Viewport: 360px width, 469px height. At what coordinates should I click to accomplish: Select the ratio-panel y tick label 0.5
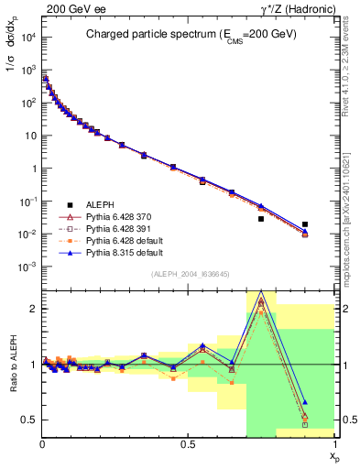pyautogui.click(x=29, y=420)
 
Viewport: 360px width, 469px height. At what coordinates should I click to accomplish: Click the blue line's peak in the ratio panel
pyautogui.click(x=261, y=292)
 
